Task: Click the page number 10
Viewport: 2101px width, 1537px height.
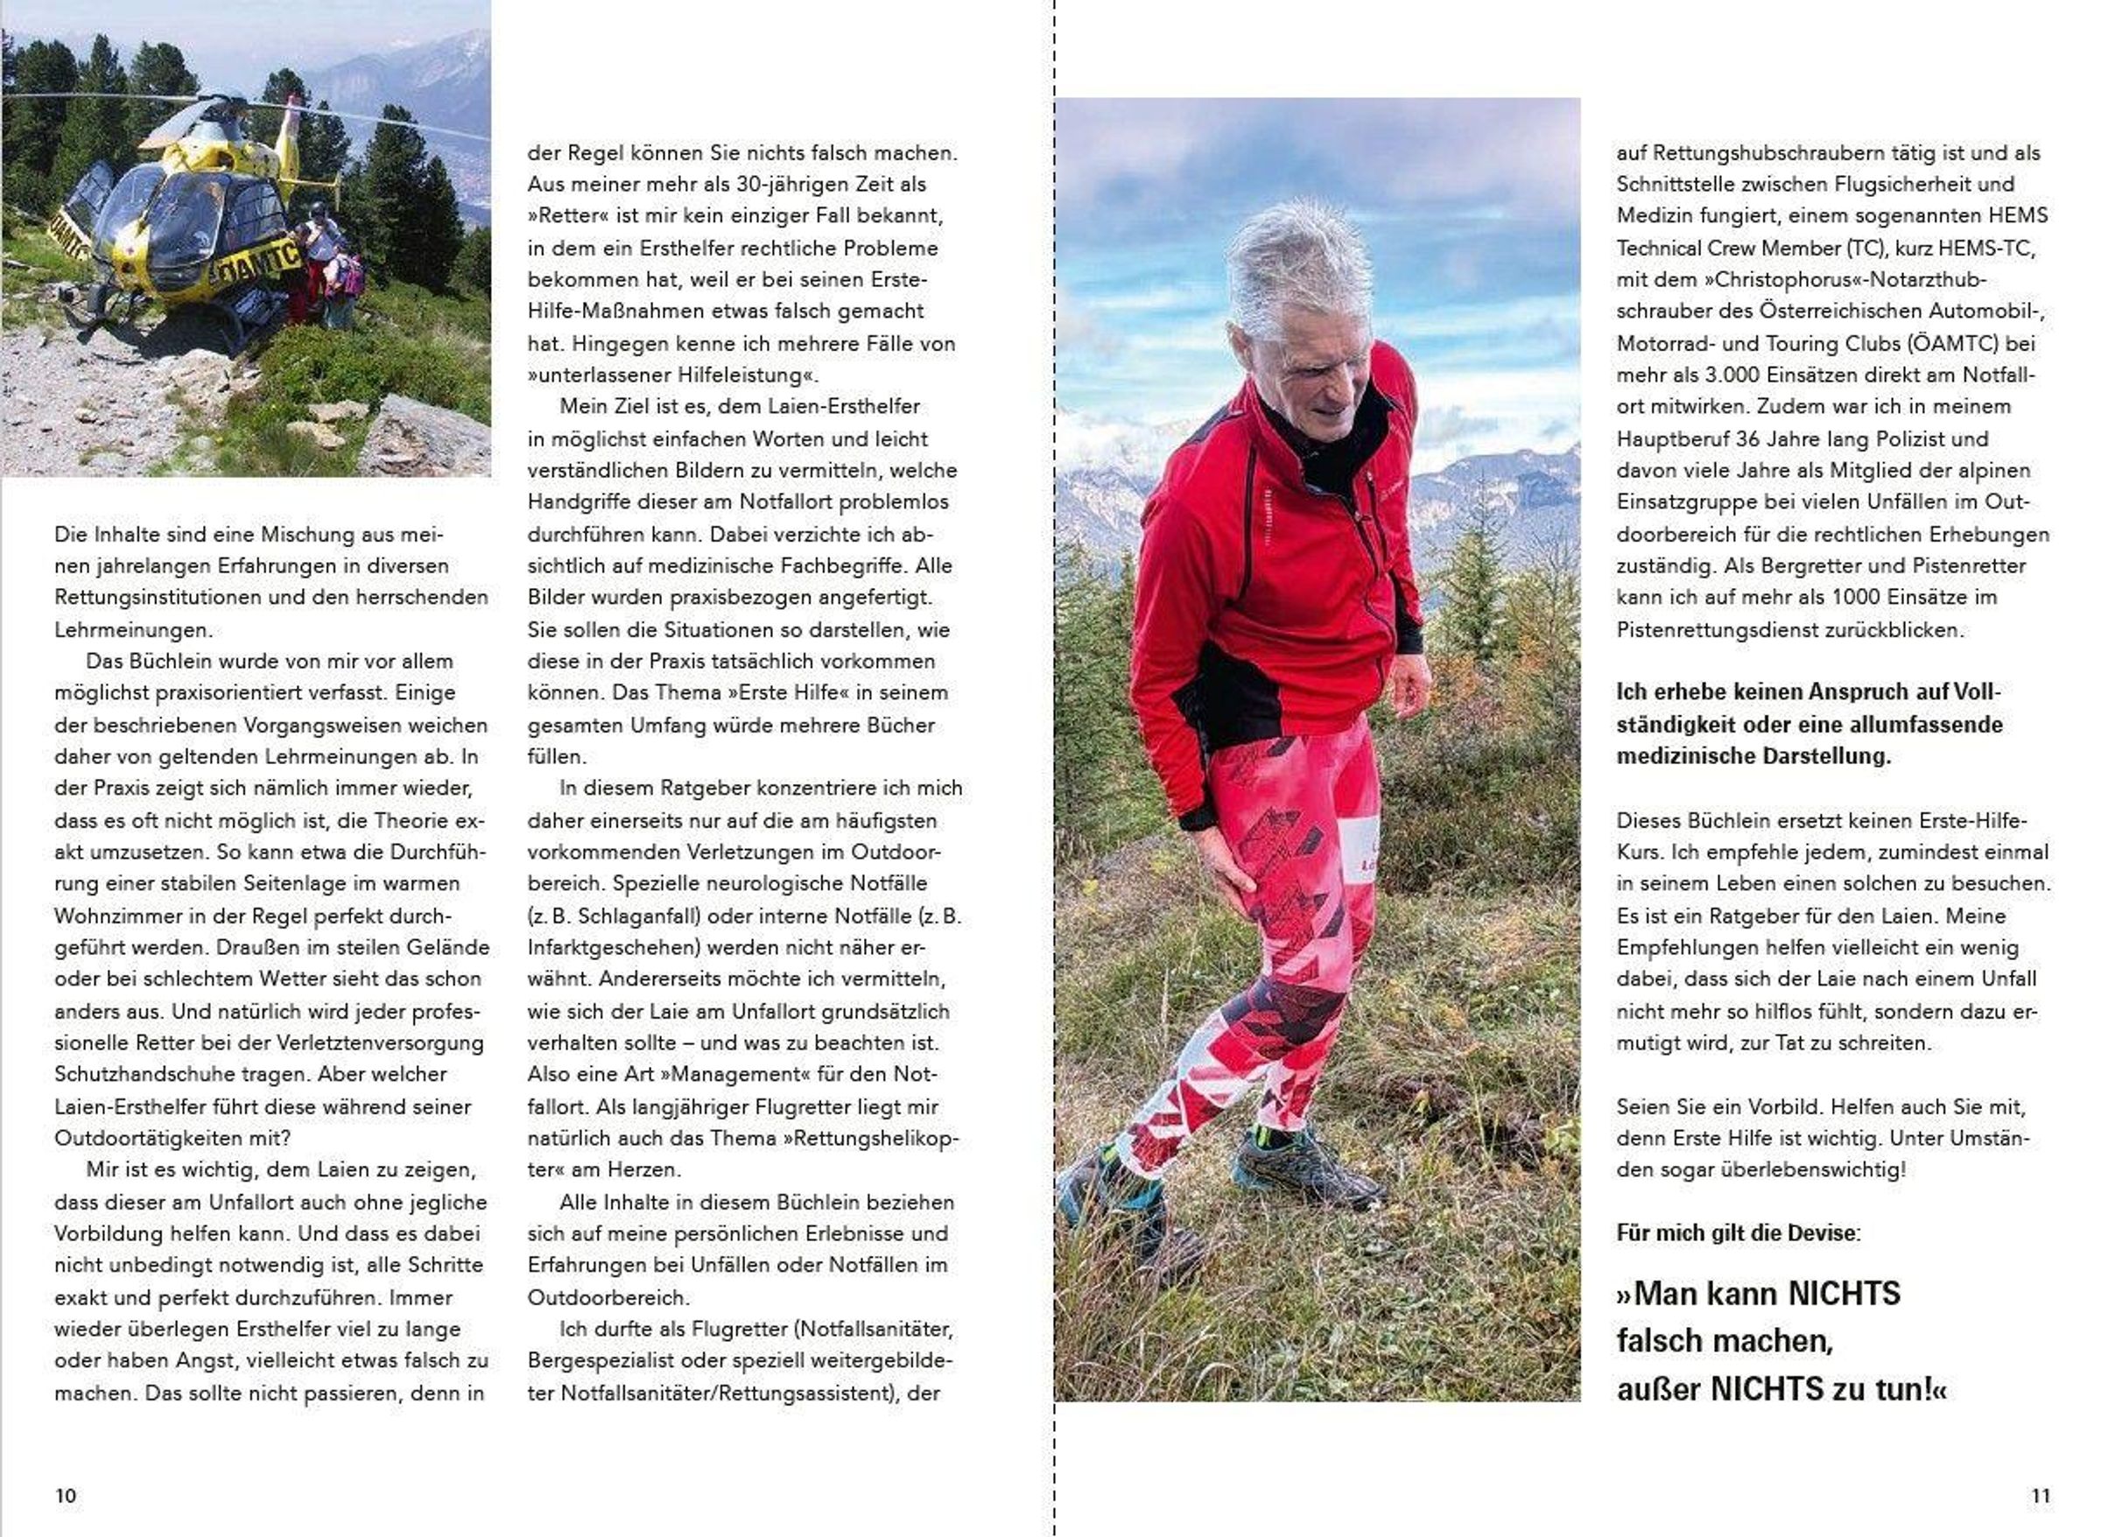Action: [x=65, y=1495]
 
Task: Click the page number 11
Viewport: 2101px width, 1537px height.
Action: [x=2040, y=1495]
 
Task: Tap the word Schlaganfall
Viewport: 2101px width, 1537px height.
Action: [x=639, y=916]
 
